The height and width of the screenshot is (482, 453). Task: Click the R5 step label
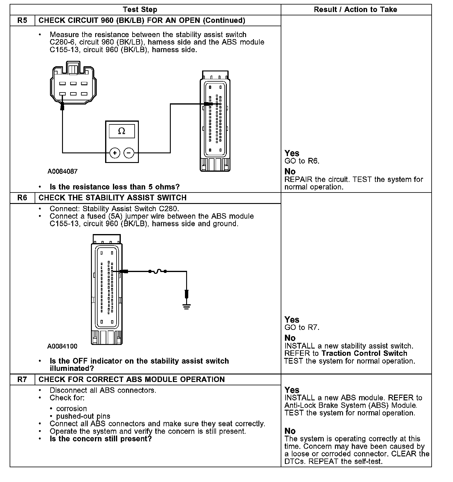pos(22,20)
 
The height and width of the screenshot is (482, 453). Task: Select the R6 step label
pos(22,198)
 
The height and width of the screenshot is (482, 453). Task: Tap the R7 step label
pos(22,379)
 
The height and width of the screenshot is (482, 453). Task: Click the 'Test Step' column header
pos(140,10)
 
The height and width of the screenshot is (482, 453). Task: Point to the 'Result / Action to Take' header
pos(355,10)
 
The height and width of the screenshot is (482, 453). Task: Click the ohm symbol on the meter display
pos(122,131)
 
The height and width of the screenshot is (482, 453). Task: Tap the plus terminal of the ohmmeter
pos(114,153)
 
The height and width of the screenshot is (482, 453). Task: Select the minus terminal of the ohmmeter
pos(129,153)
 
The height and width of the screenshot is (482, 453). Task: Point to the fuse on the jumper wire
pos(157,272)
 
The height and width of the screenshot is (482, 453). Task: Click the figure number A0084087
pos(62,171)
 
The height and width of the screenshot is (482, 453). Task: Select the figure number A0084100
pos(62,346)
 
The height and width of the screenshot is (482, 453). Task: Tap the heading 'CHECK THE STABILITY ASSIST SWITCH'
pos(113,198)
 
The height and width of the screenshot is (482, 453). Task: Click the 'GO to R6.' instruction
pos(302,161)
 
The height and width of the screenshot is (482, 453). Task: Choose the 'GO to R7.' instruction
pos(302,327)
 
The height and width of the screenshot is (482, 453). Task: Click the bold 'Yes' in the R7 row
pos(292,390)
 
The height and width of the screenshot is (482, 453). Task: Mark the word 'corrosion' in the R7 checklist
pos(71,409)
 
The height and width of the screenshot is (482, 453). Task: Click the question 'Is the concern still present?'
pos(101,439)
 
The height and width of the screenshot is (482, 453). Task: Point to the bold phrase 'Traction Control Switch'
pos(364,353)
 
